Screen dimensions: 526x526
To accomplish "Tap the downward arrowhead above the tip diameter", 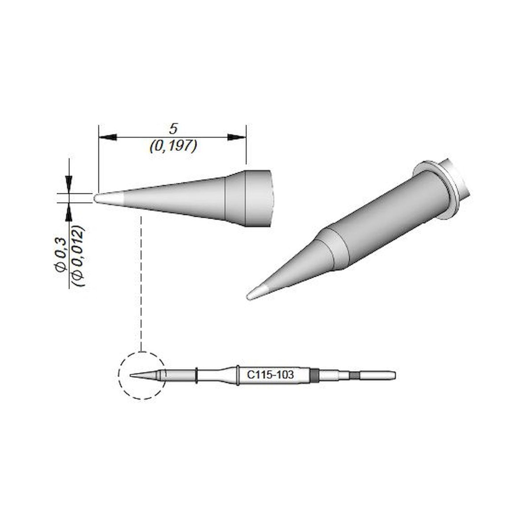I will point(69,181).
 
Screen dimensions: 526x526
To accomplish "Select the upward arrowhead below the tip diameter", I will point(69,214).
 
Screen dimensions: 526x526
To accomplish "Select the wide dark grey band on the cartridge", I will point(314,376).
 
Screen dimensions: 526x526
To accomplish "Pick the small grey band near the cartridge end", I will point(354,376).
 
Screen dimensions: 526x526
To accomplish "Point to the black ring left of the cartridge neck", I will point(196,376).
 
